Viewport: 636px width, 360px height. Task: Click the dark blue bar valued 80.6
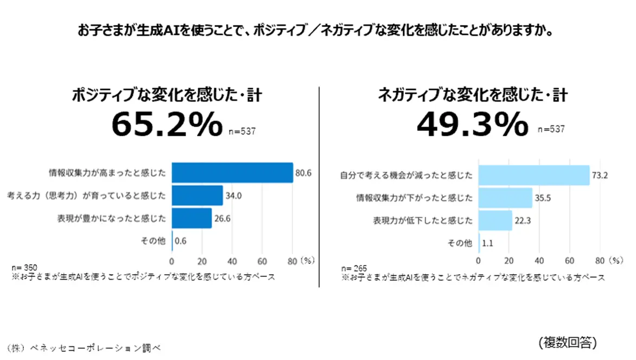coord(232,173)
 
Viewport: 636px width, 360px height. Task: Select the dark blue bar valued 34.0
coord(198,195)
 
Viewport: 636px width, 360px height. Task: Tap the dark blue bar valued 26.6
coord(192,218)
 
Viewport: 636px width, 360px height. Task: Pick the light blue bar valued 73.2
coord(534,175)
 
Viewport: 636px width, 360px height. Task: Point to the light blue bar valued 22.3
coord(495,220)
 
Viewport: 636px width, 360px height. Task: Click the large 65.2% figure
coord(166,124)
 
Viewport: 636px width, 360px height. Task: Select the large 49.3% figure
coord(472,124)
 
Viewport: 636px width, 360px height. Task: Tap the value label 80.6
coord(303,173)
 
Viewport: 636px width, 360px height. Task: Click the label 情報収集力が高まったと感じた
coord(107,173)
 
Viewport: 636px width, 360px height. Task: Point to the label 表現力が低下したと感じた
coord(423,220)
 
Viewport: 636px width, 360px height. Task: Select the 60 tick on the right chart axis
coord(570,260)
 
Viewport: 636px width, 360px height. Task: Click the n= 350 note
coord(24,268)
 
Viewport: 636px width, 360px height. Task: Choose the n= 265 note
coord(354,268)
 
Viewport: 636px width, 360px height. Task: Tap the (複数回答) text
coord(568,342)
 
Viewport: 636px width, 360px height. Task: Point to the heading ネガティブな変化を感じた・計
coord(472,96)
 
